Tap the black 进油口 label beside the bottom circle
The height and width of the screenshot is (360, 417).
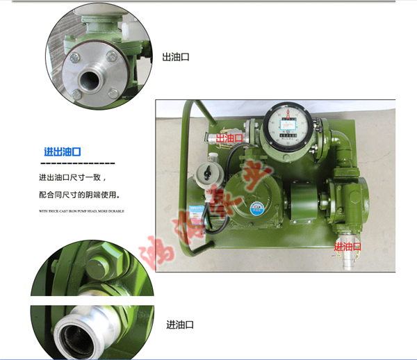[179, 325]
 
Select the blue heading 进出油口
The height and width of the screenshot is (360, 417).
[63, 152]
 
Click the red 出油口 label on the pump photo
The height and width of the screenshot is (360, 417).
[230, 138]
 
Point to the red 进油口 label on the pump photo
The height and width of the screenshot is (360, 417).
[347, 247]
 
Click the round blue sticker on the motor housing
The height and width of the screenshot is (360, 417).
[257, 206]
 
